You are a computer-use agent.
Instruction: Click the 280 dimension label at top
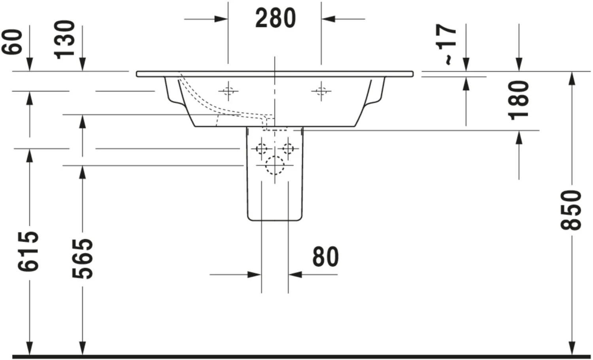(275, 18)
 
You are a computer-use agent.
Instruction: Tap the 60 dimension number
(12, 42)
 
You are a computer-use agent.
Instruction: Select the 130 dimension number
(64, 40)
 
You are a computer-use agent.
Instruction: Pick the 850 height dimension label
(571, 210)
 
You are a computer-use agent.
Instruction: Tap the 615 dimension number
(28, 251)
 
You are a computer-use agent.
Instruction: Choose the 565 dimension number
(83, 259)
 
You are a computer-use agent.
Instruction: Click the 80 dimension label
(326, 257)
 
